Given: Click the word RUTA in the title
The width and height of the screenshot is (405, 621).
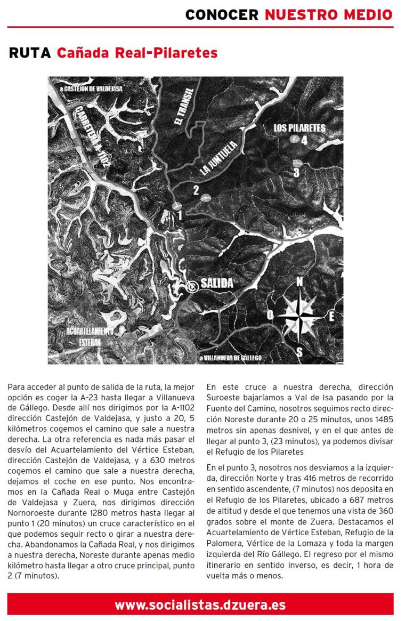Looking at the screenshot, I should [30, 53].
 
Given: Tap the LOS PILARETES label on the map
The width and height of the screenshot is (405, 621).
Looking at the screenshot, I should [299, 128].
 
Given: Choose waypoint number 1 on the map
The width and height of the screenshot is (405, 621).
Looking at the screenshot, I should [180, 214].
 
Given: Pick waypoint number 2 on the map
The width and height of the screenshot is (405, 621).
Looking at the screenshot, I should [196, 190].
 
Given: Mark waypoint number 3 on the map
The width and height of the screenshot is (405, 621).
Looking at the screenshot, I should [296, 173].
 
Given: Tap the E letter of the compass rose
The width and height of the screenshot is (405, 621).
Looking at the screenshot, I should [331, 316].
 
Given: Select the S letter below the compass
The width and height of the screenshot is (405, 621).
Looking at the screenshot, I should [299, 352].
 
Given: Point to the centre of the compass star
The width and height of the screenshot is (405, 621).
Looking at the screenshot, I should [299, 316].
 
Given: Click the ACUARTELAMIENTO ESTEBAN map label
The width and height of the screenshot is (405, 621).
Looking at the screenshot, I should [90, 336].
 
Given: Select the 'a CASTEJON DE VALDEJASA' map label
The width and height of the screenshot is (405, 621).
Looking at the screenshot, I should [91, 89].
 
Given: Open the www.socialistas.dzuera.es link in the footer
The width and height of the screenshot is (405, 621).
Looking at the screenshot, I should [200, 605].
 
